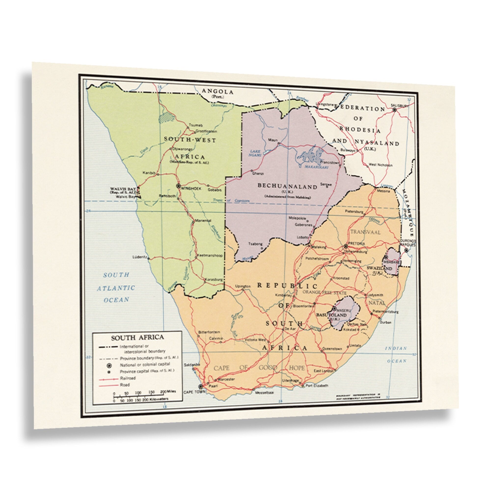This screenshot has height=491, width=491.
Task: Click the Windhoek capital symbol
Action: tap(178, 186)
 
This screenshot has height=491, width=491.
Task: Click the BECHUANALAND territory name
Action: tap(287, 186)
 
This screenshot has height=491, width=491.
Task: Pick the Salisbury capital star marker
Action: tap(395, 110)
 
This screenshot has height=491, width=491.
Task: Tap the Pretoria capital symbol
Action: tap(346, 246)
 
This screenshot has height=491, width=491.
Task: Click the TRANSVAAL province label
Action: tap(365, 232)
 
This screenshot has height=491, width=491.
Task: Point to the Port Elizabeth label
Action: tap(317, 385)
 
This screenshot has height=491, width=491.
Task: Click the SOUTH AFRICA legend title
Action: tap(137, 338)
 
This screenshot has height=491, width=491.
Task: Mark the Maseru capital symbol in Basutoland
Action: tap(334, 309)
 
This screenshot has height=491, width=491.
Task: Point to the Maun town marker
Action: tap(279, 143)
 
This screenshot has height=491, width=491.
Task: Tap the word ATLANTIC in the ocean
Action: tap(116, 288)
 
